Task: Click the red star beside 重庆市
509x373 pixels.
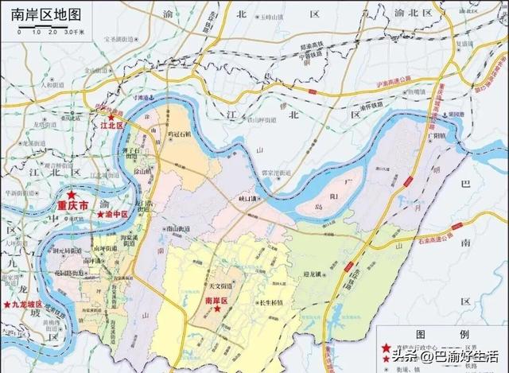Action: coord(72,194)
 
